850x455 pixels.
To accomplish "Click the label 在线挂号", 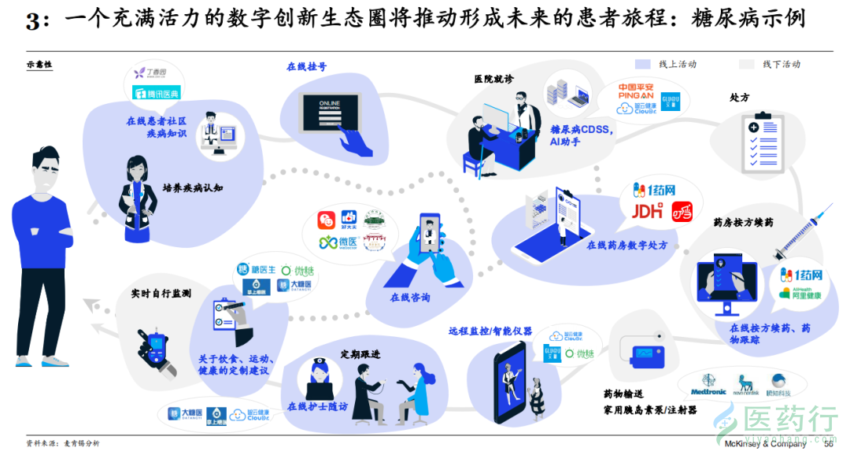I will click(x=307, y=67).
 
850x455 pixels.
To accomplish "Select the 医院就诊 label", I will click(x=493, y=79).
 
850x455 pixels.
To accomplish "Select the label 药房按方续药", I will click(x=743, y=223).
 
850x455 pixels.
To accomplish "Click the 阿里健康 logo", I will click(x=800, y=294).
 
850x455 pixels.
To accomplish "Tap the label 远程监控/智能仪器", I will click(x=490, y=331).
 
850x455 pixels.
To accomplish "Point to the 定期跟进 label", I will click(x=360, y=354).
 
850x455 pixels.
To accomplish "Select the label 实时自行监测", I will click(x=161, y=294).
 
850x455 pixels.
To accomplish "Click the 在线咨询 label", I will click(x=411, y=298).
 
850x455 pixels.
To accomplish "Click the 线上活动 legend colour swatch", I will click(x=643, y=64).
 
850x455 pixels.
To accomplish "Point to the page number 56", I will click(x=827, y=444).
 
